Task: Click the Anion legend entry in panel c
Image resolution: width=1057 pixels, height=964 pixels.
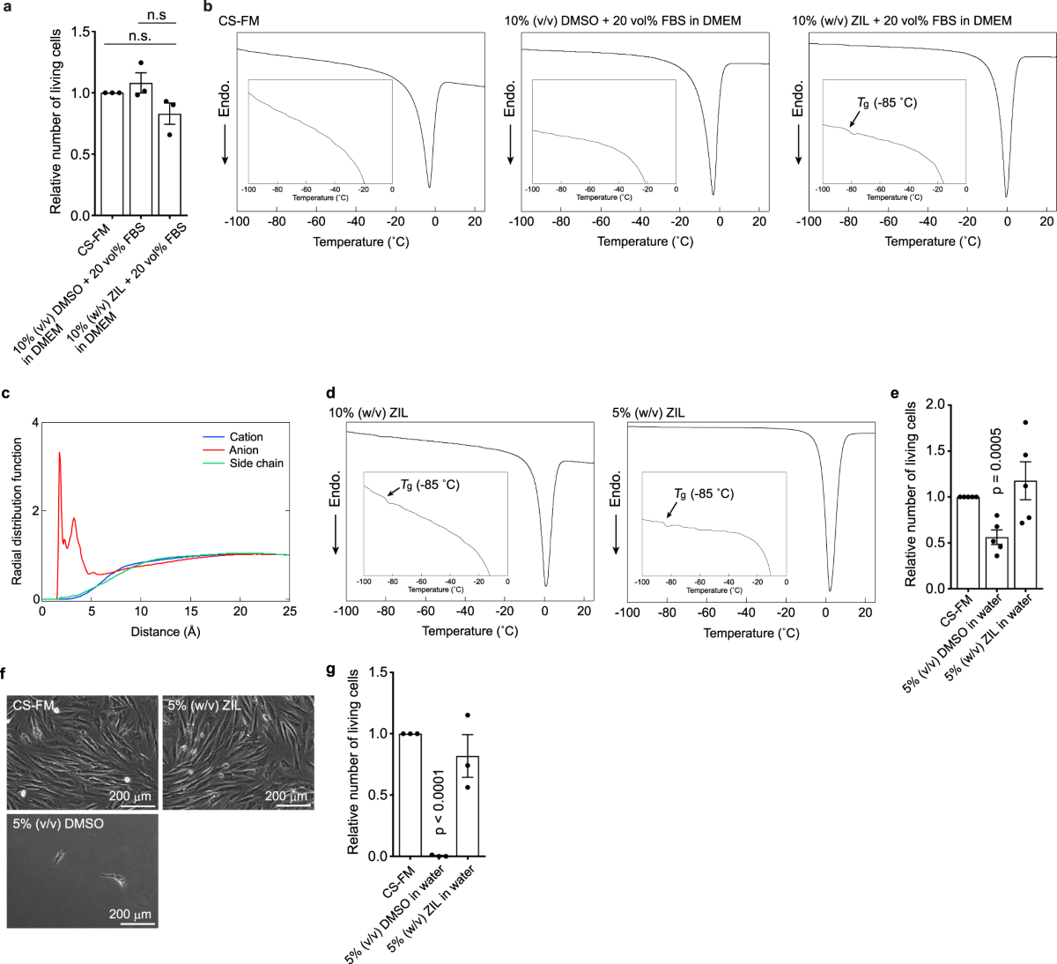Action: (243, 449)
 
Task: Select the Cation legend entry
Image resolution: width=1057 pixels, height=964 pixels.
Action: (246, 437)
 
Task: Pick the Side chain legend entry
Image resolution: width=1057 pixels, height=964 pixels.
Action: (256, 463)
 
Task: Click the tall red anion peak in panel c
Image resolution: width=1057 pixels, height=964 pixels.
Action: (60, 453)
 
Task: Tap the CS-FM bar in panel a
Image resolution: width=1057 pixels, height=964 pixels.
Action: (112, 154)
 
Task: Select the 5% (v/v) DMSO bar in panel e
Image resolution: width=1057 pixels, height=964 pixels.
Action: (996, 563)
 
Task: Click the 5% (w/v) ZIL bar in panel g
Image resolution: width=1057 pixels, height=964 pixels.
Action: (468, 805)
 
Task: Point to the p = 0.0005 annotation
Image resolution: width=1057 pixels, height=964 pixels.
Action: (996, 461)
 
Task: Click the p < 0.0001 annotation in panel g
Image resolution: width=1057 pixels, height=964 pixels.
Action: (439, 802)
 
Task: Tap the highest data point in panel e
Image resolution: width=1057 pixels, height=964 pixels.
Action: (1025, 422)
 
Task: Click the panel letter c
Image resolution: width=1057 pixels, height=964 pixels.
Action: (6, 393)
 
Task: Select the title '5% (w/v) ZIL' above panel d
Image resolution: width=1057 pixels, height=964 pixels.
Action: (648, 413)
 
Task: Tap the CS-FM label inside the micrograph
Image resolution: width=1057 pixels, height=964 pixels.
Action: (33, 705)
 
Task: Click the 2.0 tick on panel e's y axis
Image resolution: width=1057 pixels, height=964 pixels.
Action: (936, 405)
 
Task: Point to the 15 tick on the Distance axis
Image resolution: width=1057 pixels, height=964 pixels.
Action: (191, 612)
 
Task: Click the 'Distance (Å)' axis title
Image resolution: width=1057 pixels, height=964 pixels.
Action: (166, 632)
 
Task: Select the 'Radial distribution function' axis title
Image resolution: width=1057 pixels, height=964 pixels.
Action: (17, 511)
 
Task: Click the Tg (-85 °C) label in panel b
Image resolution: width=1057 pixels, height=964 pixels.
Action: (887, 103)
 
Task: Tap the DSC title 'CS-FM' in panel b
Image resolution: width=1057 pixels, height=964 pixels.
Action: (239, 21)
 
